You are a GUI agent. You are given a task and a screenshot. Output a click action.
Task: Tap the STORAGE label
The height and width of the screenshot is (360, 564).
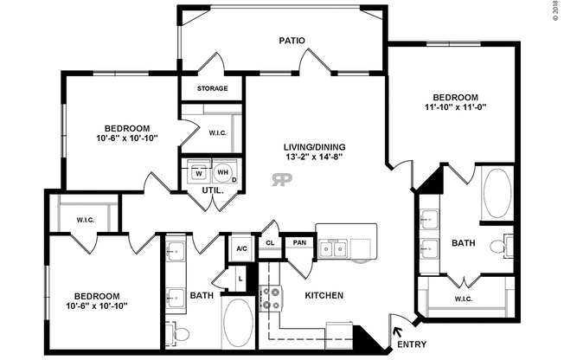(x=213, y=88)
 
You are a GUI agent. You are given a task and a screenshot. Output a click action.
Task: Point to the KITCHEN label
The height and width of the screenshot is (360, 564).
(x=324, y=296)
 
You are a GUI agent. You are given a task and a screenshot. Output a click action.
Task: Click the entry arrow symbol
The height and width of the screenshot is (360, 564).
(x=399, y=330)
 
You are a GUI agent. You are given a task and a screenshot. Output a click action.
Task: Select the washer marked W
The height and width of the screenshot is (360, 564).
(x=197, y=172)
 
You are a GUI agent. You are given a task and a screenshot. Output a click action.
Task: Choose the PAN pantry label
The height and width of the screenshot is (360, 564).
(x=298, y=243)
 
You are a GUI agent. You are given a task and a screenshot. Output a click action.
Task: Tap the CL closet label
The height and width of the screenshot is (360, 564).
(x=271, y=243)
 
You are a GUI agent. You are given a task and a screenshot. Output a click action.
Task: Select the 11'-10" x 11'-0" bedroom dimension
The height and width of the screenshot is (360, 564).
(x=455, y=109)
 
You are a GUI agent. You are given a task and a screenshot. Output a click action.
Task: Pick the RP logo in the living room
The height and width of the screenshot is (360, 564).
(x=282, y=180)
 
